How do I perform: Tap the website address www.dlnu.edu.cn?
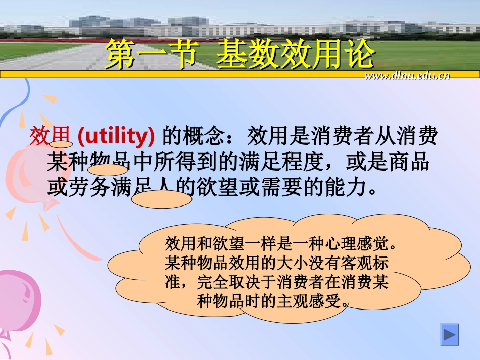tap(407, 76)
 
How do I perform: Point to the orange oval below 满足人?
tap(162, 199)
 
